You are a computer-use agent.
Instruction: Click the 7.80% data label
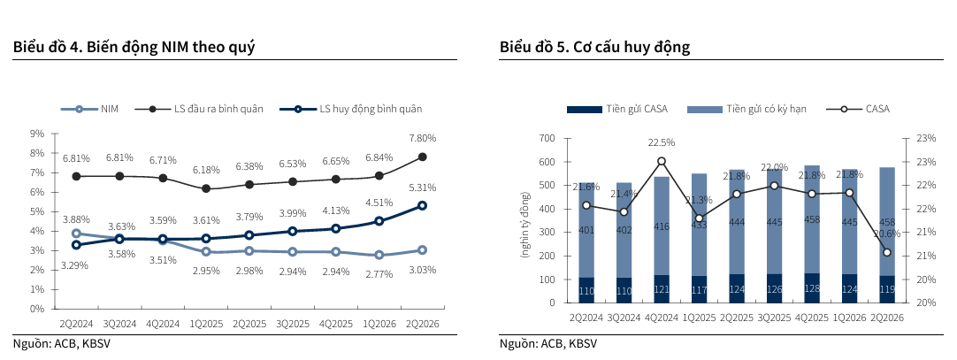(x=422, y=139)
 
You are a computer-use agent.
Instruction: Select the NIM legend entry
(x=89, y=109)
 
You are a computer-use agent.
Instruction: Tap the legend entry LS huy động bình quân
(x=351, y=109)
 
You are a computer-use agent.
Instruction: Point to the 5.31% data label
(x=423, y=188)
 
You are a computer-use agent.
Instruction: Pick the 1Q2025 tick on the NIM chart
(x=206, y=324)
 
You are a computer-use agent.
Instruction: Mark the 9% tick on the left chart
(x=38, y=133)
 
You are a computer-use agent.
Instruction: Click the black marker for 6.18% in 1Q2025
(x=206, y=188)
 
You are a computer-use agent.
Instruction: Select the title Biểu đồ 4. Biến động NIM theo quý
(x=134, y=47)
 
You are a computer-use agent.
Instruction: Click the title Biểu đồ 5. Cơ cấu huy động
(x=594, y=47)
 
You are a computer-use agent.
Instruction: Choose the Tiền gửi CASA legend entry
(x=617, y=109)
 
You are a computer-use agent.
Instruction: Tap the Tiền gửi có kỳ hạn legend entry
(x=747, y=109)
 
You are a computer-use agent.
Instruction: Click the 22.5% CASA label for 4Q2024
(x=662, y=142)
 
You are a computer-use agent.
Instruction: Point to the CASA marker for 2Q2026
(x=887, y=252)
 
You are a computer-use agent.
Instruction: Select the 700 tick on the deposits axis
(x=547, y=139)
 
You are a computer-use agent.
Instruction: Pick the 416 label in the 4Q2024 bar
(x=662, y=226)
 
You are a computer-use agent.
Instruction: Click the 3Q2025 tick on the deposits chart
(x=774, y=318)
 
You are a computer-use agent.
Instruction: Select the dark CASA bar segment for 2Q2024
(x=586, y=290)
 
